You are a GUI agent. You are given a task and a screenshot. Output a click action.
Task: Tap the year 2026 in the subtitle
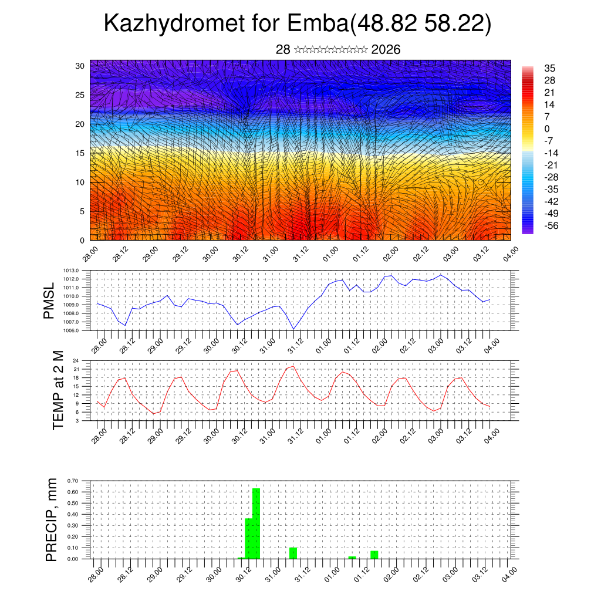386,50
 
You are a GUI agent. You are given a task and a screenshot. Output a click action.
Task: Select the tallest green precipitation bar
256,523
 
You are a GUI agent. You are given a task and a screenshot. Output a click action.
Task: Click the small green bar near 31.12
293,553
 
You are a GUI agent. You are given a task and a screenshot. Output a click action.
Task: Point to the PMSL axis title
49,301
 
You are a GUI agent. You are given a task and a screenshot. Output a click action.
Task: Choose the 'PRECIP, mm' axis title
52,520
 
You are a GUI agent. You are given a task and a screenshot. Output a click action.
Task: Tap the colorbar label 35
550,69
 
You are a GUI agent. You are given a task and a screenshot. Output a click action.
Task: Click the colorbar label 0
547,129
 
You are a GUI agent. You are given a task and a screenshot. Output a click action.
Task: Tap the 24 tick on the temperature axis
76,360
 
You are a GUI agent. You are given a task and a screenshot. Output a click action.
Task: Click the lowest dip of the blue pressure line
293,329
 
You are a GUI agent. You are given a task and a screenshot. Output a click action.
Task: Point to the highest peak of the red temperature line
293,366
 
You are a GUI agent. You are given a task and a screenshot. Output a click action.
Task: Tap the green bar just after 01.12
374,555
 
